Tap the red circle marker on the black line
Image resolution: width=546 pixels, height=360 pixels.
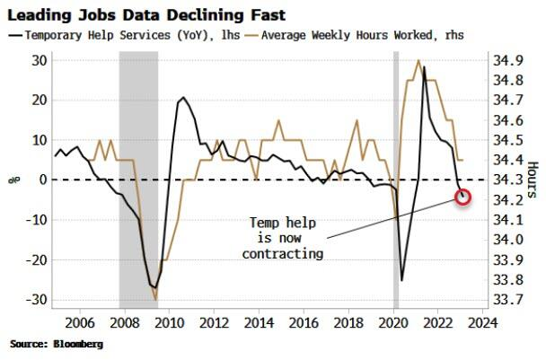(463, 197)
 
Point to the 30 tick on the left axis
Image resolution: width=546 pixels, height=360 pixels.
(40, 59)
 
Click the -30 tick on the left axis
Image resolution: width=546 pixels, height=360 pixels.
(37, 300)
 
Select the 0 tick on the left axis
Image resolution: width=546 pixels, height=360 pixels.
(42, 180)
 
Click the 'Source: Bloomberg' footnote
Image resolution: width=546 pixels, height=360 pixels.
(57, 344)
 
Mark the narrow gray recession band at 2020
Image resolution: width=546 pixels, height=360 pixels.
(396, 180)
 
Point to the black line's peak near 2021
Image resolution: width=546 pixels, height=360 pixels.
(424, 67)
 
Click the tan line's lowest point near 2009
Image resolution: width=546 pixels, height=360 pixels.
(155, 299)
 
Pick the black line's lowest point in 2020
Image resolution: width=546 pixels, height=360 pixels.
(401, 280)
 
